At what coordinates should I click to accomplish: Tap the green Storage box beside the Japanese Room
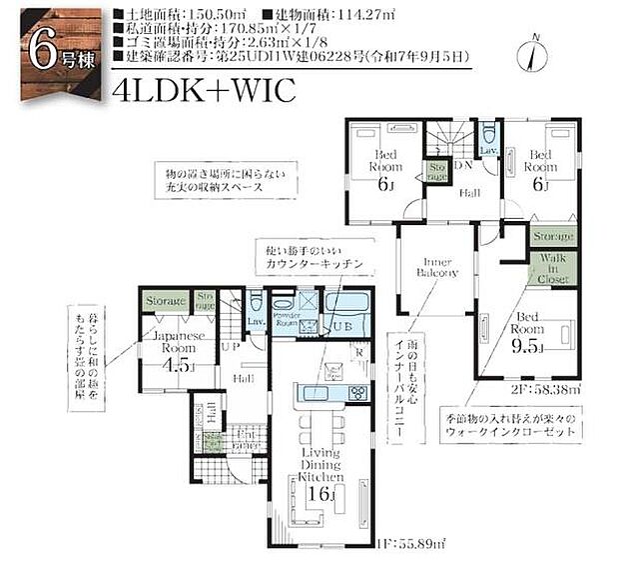coord(167,299)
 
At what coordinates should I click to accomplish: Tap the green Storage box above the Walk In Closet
coord(552,236)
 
